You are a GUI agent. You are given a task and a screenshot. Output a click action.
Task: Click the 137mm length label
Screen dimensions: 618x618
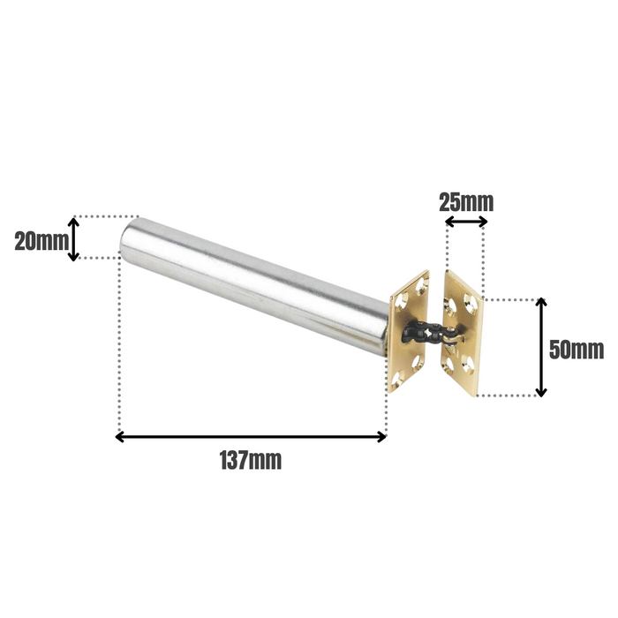click(251, 460)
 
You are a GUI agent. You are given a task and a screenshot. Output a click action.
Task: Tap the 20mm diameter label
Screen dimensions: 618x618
click(41, 240)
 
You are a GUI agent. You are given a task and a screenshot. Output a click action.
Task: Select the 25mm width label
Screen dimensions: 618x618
click(466, 201)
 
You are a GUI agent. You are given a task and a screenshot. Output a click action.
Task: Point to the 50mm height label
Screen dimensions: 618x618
click(576, 349)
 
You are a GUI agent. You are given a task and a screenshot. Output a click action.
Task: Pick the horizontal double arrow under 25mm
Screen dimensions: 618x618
click(465, 222)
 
